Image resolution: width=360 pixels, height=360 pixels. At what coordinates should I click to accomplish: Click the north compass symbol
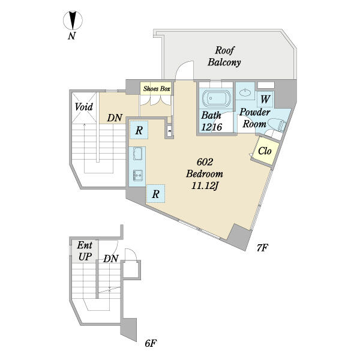[73, 20]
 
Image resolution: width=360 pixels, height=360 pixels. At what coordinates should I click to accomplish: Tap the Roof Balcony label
[224, 56]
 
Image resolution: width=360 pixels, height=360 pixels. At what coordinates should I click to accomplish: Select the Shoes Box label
[157, 89]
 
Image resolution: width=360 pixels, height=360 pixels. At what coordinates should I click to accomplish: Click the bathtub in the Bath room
[215, 98]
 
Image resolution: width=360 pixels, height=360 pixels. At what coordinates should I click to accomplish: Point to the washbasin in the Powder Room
[245, 93]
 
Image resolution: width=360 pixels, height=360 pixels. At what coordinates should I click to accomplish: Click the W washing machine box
[265, 99]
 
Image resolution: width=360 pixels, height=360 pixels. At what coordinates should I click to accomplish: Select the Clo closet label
[265, 151]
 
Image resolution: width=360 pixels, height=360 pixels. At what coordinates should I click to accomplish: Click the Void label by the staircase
[84, 107]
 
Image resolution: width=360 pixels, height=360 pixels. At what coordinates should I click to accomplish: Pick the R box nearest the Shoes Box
[139, 130]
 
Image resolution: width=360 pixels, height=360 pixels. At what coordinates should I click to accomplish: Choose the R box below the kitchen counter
[155, 194]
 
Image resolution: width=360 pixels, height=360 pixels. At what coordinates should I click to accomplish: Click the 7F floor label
[262, 248]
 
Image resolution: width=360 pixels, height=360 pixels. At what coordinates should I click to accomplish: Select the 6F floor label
[151, 343]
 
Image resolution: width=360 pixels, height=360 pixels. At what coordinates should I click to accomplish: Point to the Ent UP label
[85, 251]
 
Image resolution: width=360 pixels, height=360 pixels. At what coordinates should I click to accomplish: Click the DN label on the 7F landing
[115, 118]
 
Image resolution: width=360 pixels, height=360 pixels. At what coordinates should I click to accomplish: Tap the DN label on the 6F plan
[110, 259]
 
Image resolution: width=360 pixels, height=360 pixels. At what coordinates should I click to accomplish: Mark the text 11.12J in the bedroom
[205, 186]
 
